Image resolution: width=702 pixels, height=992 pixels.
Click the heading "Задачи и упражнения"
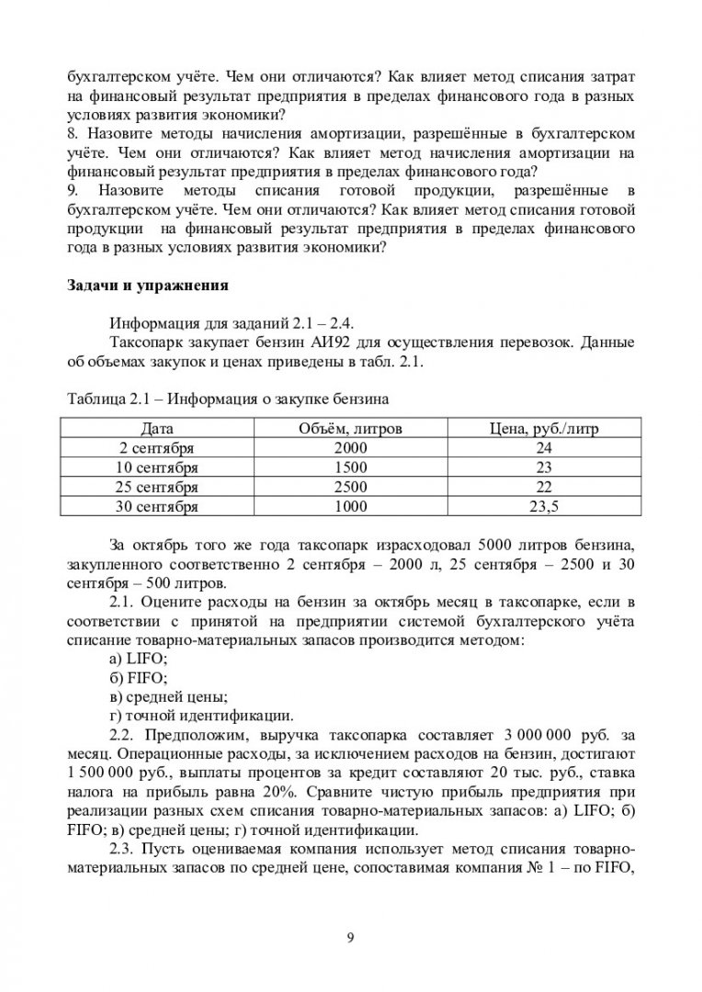pos(148,285)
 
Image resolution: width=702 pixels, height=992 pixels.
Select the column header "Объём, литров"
pos(350,428)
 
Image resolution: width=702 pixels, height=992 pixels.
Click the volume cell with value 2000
pos(350,447)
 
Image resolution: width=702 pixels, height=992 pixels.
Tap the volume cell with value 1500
pos(350,467)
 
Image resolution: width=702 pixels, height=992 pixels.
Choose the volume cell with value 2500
pos(350,486)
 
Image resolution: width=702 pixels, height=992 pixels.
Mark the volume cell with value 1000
pos(350,505)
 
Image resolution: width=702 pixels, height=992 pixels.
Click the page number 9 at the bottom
pos(351,937)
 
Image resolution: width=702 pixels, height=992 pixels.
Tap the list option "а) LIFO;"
pos(138,659)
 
